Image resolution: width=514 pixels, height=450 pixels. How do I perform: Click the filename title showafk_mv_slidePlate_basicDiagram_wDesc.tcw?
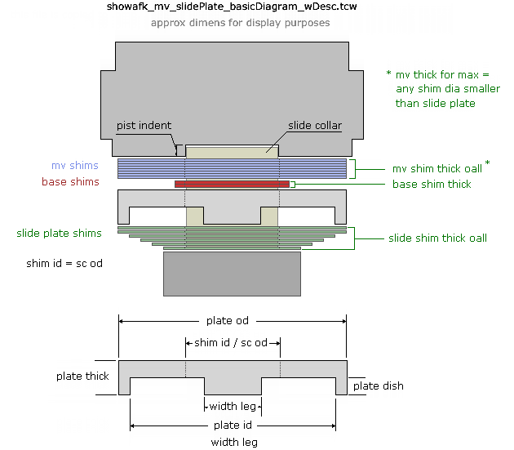coord(233,7)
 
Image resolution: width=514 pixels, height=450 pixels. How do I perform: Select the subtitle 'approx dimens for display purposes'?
coord(240,23)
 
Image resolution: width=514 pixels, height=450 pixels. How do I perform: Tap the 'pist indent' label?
coord(144,126)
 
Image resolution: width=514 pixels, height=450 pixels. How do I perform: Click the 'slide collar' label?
coord(314,126)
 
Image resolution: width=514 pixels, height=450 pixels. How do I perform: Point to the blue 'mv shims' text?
coord(75,166)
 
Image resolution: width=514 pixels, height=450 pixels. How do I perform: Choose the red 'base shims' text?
coord(70,182)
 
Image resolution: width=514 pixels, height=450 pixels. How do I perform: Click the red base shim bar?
coord(232,185)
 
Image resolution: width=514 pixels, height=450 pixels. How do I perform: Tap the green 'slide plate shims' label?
coord(59,234)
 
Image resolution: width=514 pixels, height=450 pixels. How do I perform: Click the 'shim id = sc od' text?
coord(64,264)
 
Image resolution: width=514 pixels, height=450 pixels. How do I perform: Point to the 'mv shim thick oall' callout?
coord(436,169)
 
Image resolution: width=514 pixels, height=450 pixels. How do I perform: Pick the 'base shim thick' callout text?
coord(432,185)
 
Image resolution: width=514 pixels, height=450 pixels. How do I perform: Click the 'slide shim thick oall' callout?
coord(437,238)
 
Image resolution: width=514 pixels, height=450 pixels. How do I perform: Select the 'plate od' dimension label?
coord(233,321)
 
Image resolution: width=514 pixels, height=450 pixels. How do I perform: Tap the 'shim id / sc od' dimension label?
coord(233,342)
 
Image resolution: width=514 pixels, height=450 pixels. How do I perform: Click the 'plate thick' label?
coord(82,376)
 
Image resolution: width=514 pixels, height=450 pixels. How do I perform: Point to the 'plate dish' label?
coord(378,385)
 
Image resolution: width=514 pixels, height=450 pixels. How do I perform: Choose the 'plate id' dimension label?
coord(233,425)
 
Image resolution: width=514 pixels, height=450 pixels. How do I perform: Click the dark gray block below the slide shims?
coord(232,274)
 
